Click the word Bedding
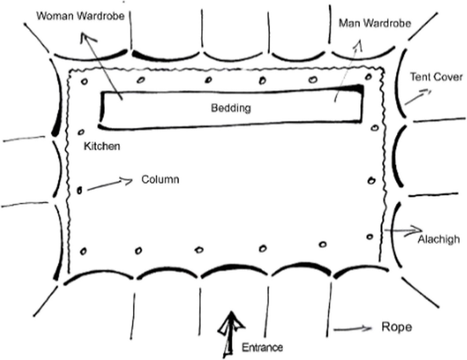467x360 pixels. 230,108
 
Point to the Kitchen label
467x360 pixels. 102,146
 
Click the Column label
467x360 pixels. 160,180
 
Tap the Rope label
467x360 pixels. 397,327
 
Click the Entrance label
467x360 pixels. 262,348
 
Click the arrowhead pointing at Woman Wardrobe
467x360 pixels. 85,37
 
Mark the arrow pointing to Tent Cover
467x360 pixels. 417,96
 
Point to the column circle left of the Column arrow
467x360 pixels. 79,190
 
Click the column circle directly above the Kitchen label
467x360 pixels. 82,132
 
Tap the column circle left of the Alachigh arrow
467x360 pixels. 370,237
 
